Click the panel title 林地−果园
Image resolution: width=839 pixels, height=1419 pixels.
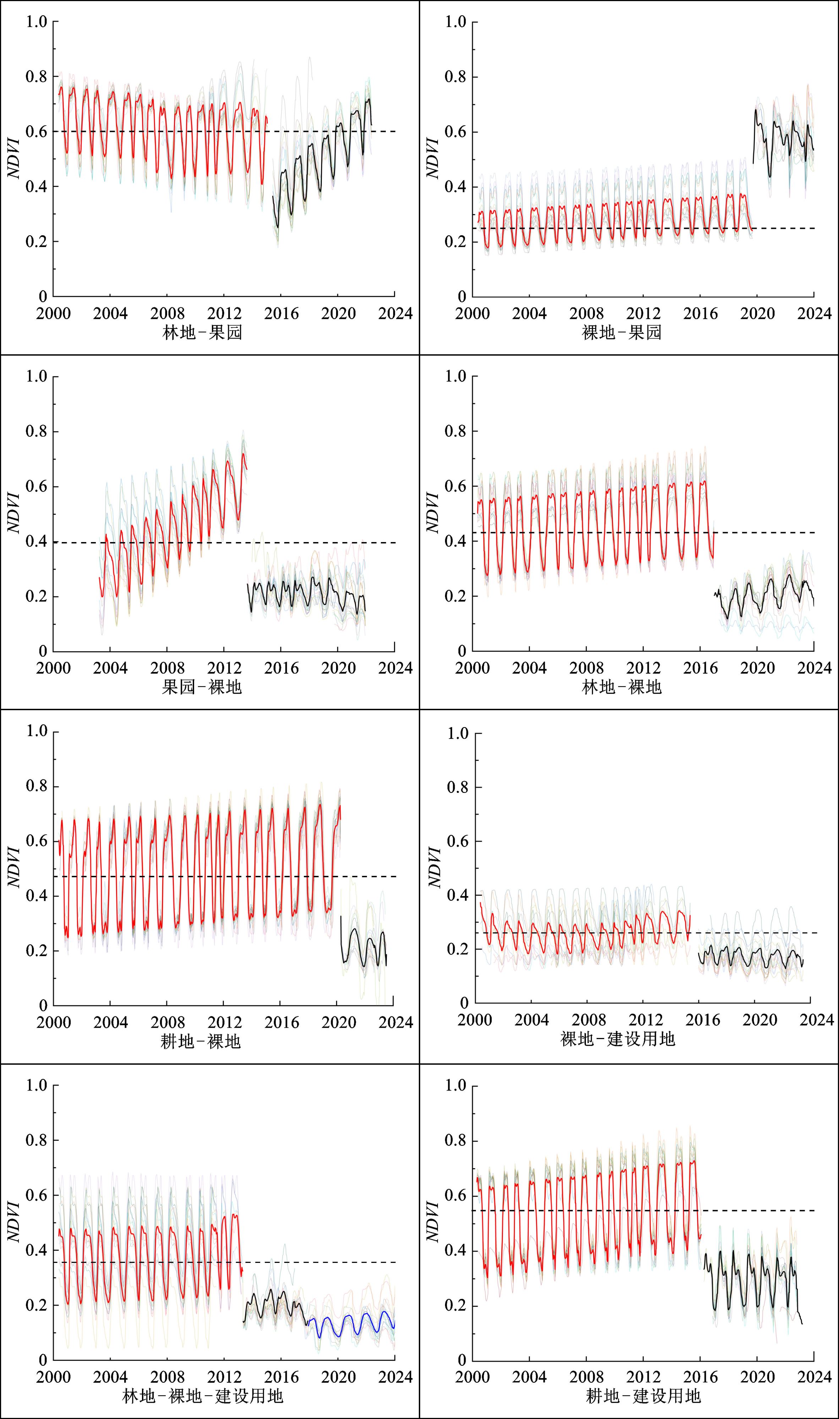tap(202, 332)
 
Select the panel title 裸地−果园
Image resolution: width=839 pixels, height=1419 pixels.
tap(621, 332)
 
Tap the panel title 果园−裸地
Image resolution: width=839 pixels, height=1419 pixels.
tap(202, 687)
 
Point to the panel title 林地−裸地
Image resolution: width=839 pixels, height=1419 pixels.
tap(621, 687)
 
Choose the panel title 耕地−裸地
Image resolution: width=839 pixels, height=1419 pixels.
tap(201, 1042)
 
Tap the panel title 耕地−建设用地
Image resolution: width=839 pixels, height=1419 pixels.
tap(643, 1396)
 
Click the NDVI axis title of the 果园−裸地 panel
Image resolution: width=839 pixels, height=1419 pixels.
tap(13, 513)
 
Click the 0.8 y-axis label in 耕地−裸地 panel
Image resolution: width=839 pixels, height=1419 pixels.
tap(37, 786)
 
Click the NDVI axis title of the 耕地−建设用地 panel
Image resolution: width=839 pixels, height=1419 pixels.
tap(433, 1222)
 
